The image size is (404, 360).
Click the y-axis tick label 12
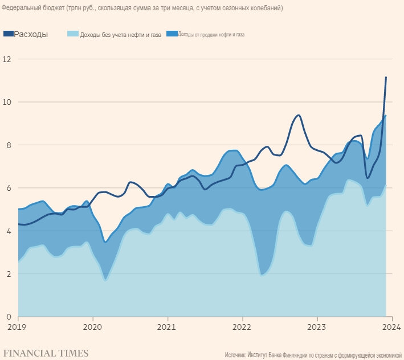7,59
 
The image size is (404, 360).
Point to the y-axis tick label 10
7,102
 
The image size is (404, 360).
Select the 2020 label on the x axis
92,328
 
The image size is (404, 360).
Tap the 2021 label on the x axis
168,328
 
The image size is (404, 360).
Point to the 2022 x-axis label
242,328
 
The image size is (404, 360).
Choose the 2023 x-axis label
317,328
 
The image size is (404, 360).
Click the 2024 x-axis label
391,328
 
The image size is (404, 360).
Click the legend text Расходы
31,34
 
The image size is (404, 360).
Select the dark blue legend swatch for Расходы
8,34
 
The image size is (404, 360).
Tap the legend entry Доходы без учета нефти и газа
120,35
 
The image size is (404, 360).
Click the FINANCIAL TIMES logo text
46,353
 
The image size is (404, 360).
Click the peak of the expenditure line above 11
386,77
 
